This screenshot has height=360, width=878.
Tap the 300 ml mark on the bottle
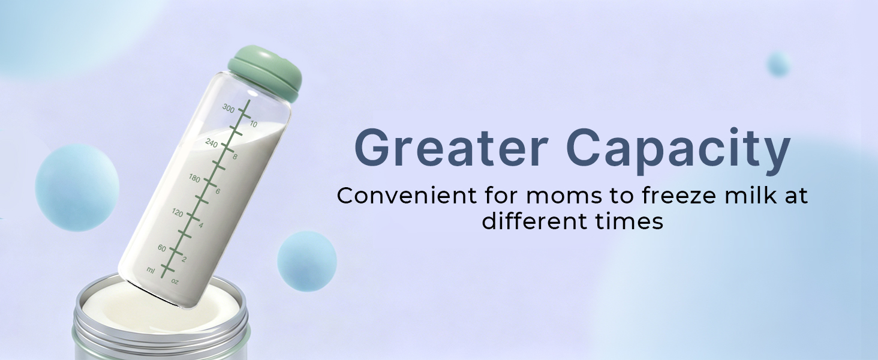pyautogui.click(x=228, y=108)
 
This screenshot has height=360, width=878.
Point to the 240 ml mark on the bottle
pyautogui.click(x=211, y=143)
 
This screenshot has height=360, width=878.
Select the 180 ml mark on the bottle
pyautogui.click(x=194, y=178)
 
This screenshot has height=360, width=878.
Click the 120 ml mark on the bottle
pyautogui.click(x=178, y=212)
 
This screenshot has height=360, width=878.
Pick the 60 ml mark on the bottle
pyautogui.click(x=162, y=248)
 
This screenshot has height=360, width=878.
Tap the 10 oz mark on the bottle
pyautogui.click(x=254, y=124)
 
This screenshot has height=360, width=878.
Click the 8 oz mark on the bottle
pyautogui.click(x=234, y=157)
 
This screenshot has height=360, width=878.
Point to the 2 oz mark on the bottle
pyautogui.click(x=184, y=259)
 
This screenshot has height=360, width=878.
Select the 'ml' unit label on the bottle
pyautogui.click(x=151, y=270)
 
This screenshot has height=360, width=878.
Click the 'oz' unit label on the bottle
pyautogui.click(x=175, y=281)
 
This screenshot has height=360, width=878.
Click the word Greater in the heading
pyautogui.click(x=452, y=148)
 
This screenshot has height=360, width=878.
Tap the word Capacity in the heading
pyautogui.click(x=678, y=151)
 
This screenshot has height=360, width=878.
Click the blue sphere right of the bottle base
pyautogui.click(x=307, y=261)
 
